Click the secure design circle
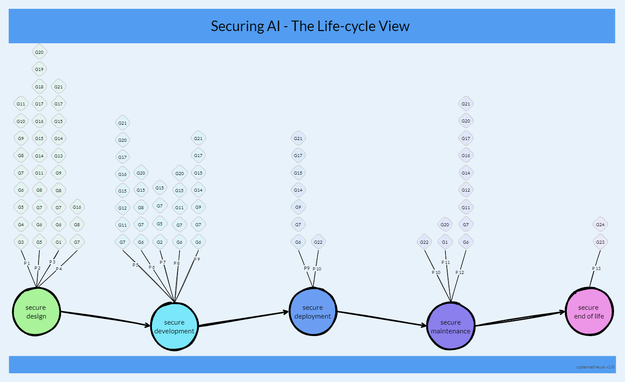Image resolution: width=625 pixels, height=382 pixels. click(36, 312)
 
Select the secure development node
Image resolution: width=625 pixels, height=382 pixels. click(174, 326)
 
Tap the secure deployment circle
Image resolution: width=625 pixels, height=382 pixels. click(313, 312)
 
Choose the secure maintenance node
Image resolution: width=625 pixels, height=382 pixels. click(451, 326)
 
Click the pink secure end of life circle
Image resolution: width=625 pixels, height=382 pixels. click(589, 312)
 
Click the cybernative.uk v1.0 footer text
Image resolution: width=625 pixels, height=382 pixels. click(595, 367)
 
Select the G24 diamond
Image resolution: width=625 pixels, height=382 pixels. click(600, 224)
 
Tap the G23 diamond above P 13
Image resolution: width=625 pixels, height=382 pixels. click(600, 242)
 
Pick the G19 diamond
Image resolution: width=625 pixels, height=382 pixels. click(39, 69)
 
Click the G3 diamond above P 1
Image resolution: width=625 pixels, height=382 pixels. click(21, 242)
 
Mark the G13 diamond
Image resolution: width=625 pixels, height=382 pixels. click(59, 156)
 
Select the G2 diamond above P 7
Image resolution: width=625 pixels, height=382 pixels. click(160, 242)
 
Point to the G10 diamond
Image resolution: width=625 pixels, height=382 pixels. click(21, 121)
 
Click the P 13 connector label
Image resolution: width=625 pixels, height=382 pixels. click(597, 269)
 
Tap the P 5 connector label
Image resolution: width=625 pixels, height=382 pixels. click(135, 265)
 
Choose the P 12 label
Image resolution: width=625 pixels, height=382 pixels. click(459, 273)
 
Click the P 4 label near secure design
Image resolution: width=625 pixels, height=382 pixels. click(59, 269)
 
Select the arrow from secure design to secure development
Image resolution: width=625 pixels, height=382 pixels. click(105, 318)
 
